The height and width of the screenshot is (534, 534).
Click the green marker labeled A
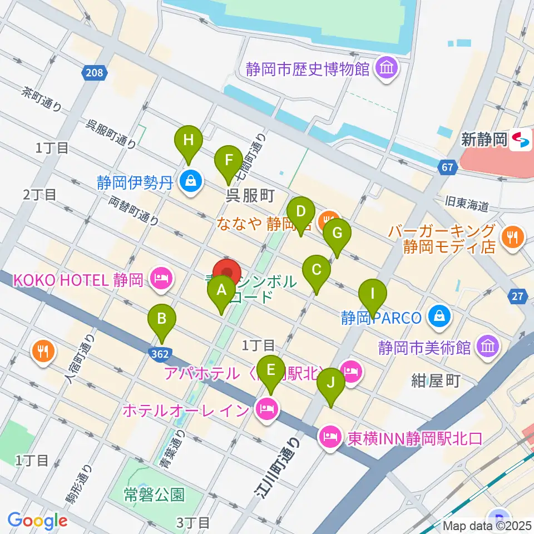(x=221, y=291)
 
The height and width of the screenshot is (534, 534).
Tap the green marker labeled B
(x=162, y=320)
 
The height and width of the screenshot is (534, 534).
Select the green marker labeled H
(x=189, y=141)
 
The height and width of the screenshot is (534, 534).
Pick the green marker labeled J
(x=331, y=384)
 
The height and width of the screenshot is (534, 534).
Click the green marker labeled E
(x=271, y=371)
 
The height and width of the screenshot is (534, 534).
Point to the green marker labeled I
(x=373, y=294)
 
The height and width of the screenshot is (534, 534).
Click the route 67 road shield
(x=448, y=166)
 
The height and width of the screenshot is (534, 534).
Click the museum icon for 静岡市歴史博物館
(x=385, y=69)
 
